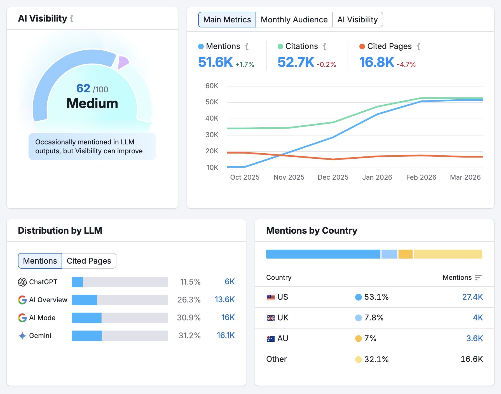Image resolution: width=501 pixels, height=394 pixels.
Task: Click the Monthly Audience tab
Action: click(x=294, y=20)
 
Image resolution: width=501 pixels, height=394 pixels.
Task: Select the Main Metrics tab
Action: click(x=227, y=20)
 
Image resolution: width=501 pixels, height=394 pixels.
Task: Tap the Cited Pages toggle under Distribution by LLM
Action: click(x=89, y=261)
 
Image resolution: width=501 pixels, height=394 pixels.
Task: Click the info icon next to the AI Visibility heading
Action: click(x=72, y=18)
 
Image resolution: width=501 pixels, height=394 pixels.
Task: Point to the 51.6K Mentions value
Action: click(x=215, y=62)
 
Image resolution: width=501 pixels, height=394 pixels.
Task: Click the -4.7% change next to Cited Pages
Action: click(x=406, y=65)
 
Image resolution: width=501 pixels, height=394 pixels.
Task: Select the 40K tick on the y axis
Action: click(x=212, y=118)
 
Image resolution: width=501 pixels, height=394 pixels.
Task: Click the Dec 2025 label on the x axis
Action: click(x=333, y=177)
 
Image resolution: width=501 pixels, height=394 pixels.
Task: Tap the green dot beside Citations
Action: click(x=280, y=46)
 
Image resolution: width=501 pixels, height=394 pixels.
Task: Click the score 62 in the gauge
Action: click(x=83, y=88)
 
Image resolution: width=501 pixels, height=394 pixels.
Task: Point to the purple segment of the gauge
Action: click(x=123, y=62)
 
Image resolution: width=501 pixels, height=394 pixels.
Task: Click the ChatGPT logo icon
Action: click(x=22, y=282)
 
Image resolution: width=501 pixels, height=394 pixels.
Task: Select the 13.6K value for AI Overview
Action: click(x=224, y=299)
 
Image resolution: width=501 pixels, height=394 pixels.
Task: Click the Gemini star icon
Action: click(x=22, y=336)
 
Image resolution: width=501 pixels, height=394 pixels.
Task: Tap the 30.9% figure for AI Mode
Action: click(x=189, y=318)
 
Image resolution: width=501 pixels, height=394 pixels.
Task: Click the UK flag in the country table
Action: click(x=270, y=318)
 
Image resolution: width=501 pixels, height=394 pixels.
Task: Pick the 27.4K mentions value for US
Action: click(x=472, y=297)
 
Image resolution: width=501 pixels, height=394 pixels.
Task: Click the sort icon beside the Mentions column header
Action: click(x=478, y=277)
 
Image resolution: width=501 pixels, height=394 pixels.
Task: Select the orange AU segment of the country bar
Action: click(x=405, y=254)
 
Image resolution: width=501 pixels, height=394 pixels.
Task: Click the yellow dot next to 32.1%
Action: click(x=358, y=359)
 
